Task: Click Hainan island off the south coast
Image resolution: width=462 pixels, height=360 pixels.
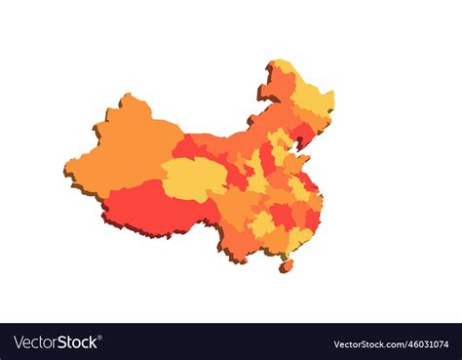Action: [286, 264]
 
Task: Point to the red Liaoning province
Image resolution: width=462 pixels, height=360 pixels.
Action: [302, 134]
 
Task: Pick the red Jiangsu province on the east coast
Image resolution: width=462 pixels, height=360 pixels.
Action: [308, 181]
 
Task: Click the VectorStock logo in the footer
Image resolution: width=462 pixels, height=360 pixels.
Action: [56, 342]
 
